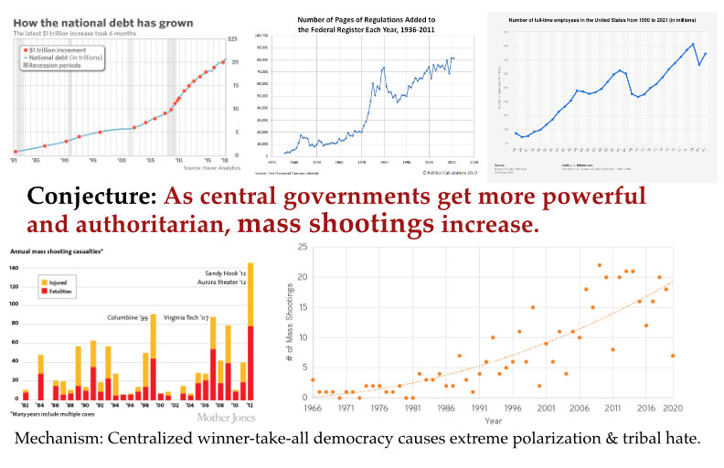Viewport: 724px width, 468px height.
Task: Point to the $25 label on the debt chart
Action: point(233,38)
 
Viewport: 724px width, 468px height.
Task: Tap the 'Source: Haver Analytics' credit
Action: point(213,168)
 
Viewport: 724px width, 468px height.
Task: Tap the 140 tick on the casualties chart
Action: point(13,267)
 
